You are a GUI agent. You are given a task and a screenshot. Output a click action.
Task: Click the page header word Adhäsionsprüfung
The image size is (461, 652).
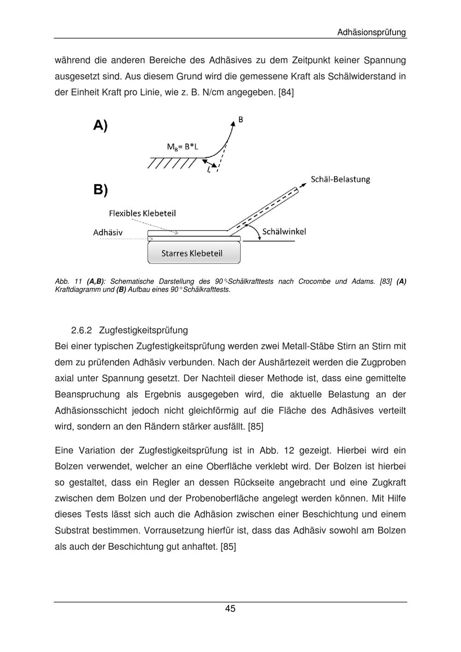pos(371,32)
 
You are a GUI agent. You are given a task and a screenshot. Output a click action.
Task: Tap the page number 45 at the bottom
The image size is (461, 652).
pos(230,609)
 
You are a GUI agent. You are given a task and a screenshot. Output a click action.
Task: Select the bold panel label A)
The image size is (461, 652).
pos(100,125)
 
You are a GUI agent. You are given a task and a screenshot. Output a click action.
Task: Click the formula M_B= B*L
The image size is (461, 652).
pos(183,147)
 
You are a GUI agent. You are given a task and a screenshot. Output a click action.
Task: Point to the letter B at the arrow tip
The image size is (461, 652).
pos(240,120)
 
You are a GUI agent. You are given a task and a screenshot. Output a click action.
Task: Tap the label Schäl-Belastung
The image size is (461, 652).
pos(340,179)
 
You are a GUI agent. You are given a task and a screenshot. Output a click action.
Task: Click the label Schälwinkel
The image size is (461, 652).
pos(284,231)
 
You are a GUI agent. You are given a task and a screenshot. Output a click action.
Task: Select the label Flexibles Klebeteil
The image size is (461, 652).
pos(142,213)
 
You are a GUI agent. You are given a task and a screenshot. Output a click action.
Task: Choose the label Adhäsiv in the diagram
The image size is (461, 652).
pos(108,232)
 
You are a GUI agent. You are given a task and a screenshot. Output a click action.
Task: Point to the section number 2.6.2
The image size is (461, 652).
pos(82,330)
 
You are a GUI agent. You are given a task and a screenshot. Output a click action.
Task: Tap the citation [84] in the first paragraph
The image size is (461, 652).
pos(286,92)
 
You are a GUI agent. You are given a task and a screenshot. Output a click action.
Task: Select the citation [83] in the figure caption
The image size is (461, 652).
pos(386,281)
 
